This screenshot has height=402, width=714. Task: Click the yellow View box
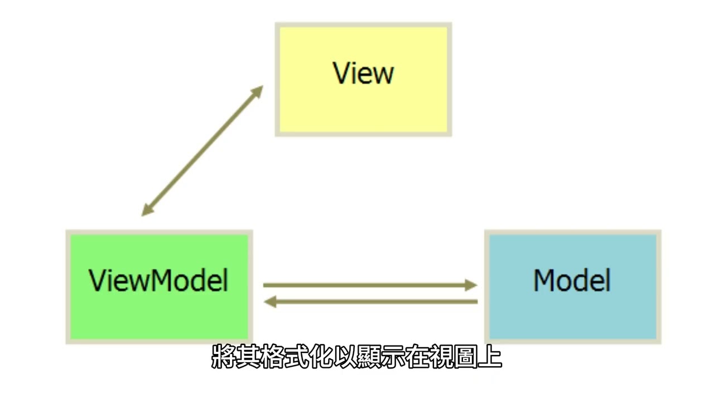pos(363,79)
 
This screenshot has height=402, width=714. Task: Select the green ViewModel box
pos(159,286)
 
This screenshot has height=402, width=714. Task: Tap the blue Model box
pos(572,286)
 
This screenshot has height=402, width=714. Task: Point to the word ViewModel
pos(159,280)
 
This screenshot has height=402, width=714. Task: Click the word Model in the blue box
pos(572,280)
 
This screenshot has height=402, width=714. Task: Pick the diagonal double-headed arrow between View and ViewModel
pos(202,151)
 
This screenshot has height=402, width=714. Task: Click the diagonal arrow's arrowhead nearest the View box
pos(257,91)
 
